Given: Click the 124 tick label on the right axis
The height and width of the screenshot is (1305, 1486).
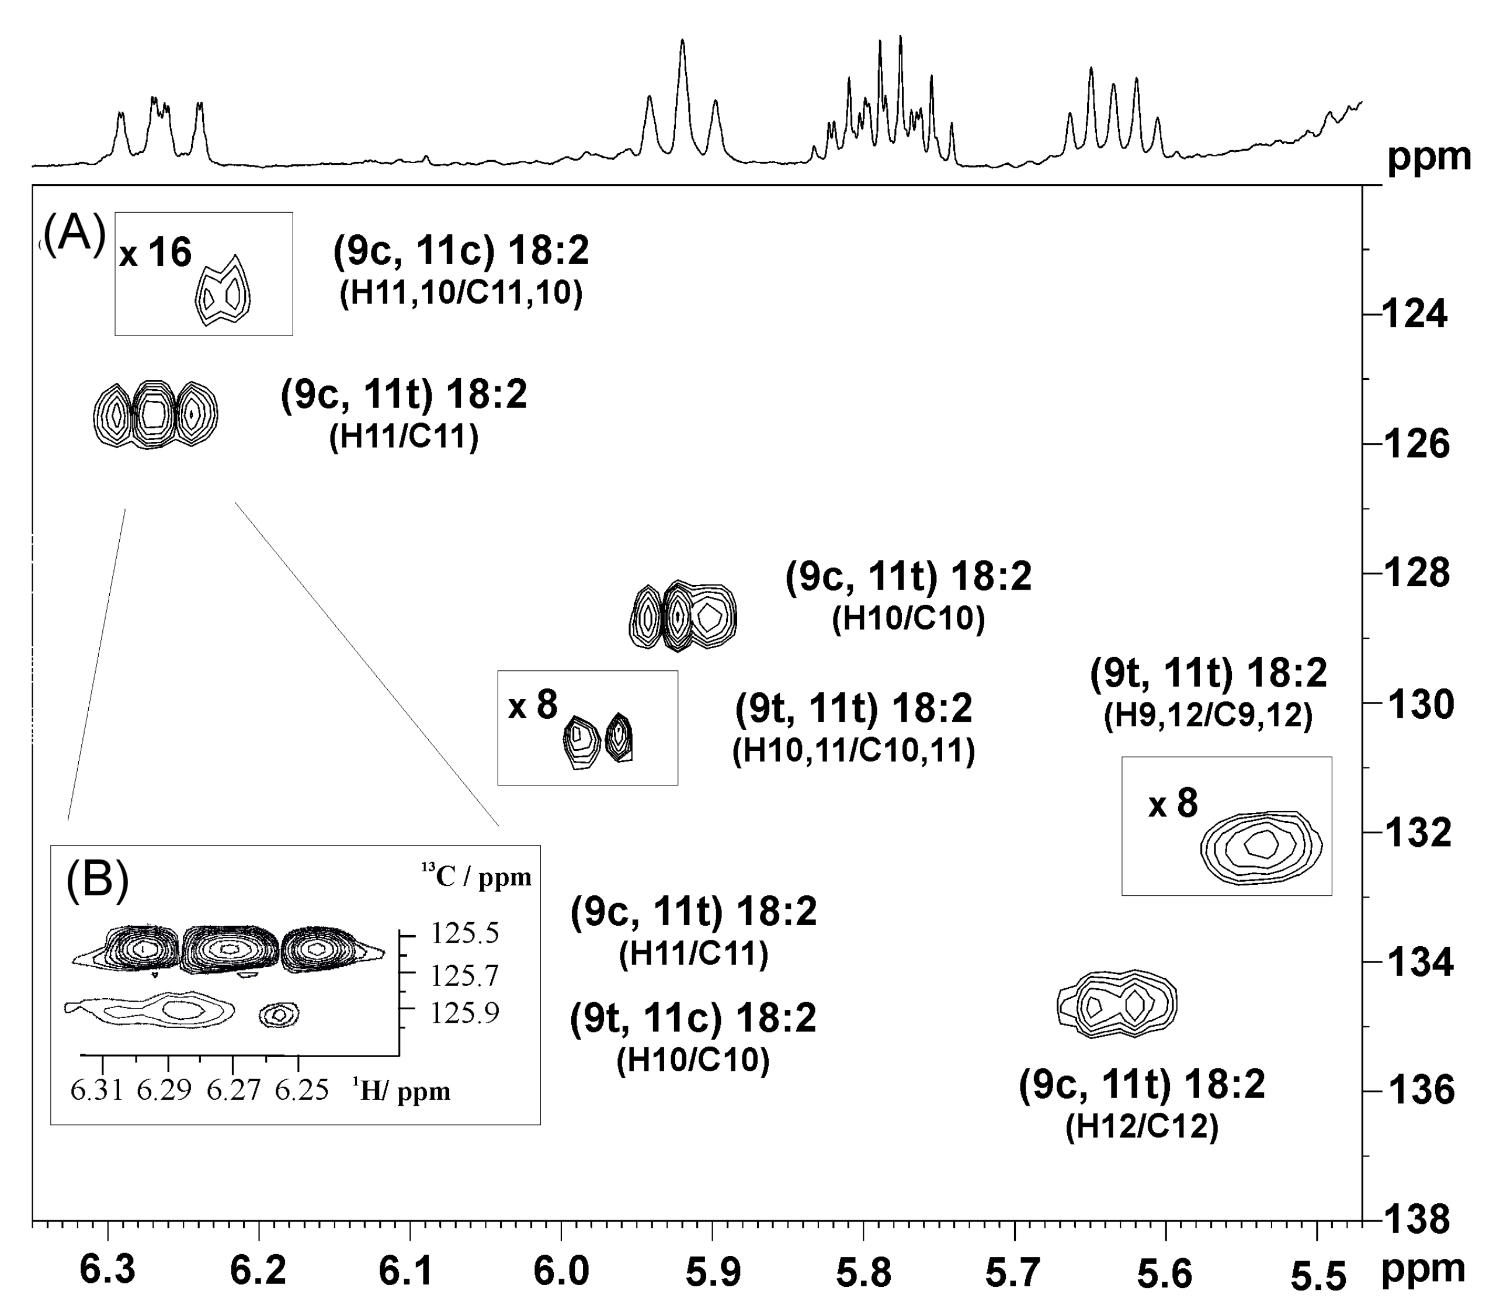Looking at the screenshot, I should (x=1414, y=316).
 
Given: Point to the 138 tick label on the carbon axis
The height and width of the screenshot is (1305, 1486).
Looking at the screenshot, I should (x=1414, y=1219).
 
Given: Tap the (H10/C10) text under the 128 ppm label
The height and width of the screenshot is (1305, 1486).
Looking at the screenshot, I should (x=908, y=619).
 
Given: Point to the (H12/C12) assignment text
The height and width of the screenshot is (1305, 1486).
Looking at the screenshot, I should (x=1141, y=1127).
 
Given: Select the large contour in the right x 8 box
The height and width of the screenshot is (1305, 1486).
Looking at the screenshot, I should (x=1261, y=847).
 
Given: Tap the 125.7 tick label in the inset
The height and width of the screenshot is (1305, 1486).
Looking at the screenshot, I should (x=464, y=975).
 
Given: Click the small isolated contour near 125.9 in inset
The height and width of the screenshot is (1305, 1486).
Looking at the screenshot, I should (x=280, y=1014).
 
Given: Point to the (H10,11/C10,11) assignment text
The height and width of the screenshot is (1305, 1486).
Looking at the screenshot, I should (x=853, y=751).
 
